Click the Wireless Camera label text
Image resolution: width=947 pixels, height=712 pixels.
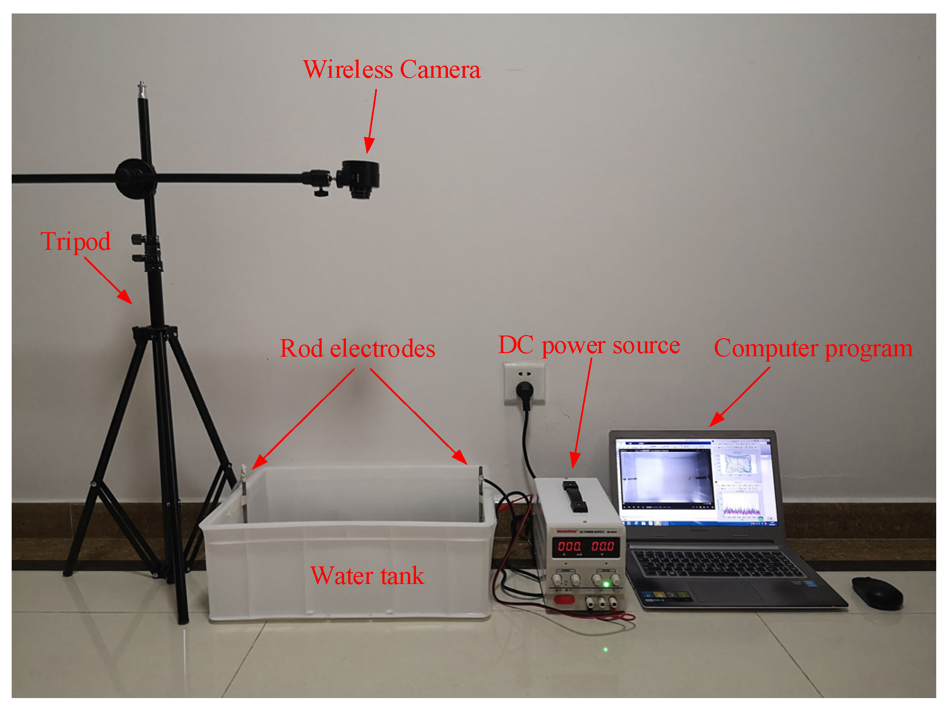coord(391,70)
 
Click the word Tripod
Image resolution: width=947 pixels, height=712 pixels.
coord(75,242)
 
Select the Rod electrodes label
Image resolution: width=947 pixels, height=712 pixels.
coord(358,349)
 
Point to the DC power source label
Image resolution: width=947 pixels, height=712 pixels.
coord(589,345)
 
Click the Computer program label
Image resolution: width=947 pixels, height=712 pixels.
coord(813,349)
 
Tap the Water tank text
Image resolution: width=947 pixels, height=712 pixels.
coord(367,576)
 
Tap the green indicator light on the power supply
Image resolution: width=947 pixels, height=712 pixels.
coord(606,584)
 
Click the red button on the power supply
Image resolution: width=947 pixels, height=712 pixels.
coord(564,599)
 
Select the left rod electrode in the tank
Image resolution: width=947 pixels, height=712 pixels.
coord(245,494)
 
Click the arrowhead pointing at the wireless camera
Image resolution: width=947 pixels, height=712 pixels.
coord(369,146)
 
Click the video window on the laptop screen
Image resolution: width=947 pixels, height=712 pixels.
coord(666,478)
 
